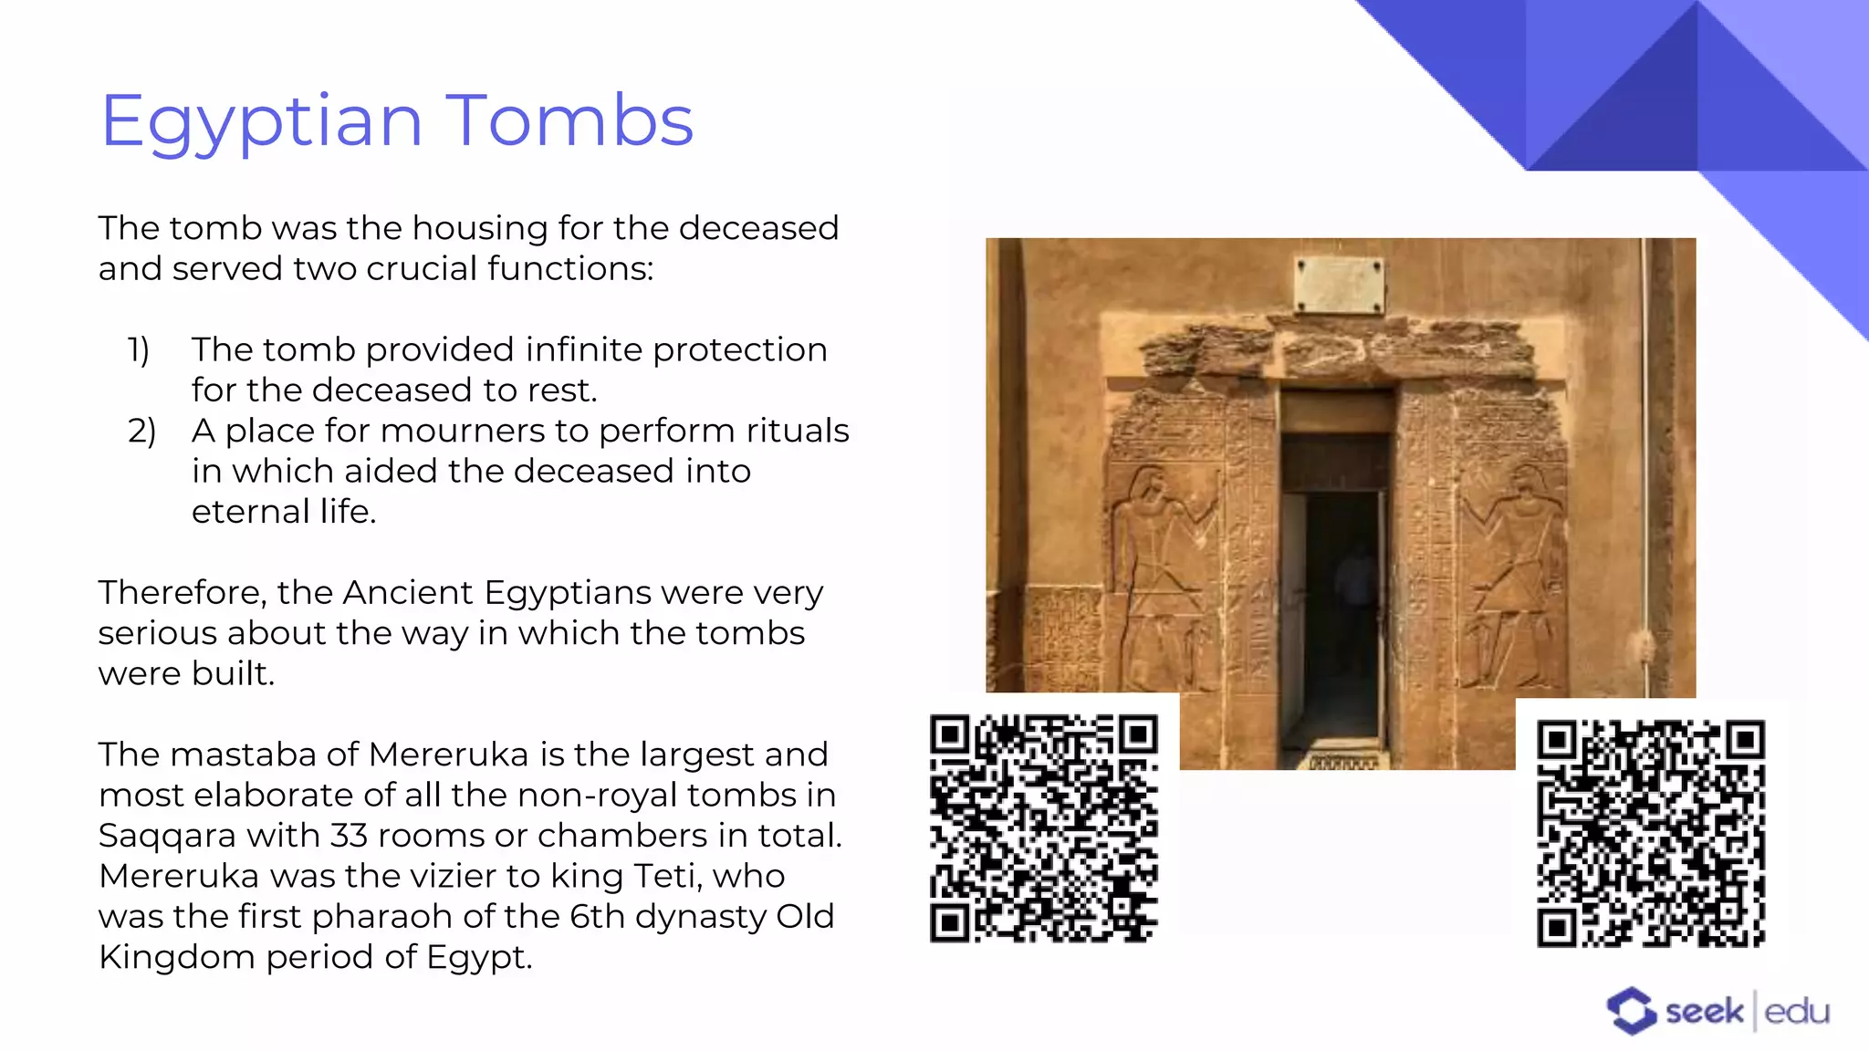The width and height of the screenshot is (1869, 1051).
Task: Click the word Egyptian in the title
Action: point(261,122)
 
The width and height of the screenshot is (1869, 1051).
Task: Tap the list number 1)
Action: point(139,349)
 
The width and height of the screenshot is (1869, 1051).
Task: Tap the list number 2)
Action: point(141,431)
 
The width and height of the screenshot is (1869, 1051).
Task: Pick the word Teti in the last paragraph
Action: point(665,876)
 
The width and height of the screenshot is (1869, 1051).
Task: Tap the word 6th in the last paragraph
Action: point(597,916)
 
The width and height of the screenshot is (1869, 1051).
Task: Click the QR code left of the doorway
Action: point(1043,828)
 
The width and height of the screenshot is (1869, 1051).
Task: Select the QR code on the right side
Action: point(1651,834)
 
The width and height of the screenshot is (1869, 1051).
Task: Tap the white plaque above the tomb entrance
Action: point(1339,284)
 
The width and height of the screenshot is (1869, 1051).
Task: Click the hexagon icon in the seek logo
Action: point(1631,1011)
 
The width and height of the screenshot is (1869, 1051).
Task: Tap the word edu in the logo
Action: point(1797,1012)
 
